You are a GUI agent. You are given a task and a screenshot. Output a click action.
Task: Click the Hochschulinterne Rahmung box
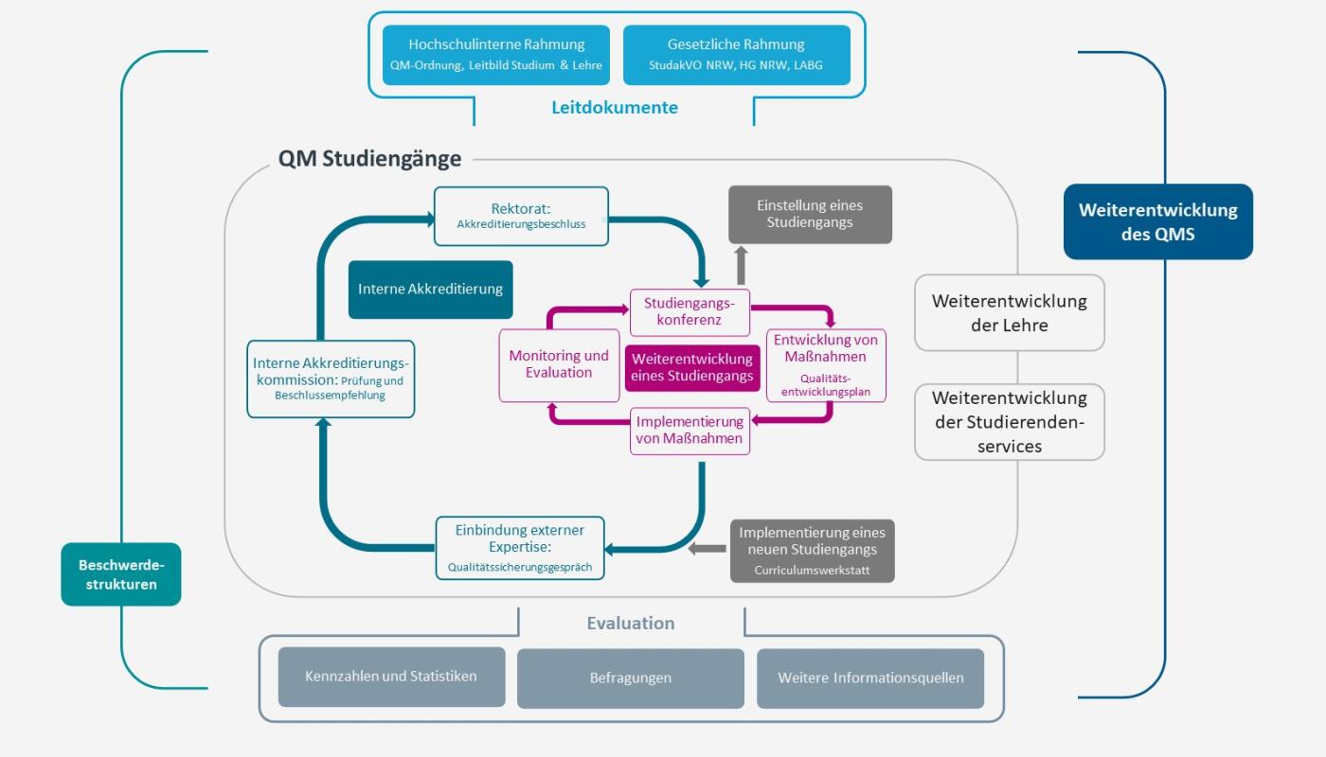tap(496, 55)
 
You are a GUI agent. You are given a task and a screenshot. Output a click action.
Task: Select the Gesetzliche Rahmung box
tap(736, 55)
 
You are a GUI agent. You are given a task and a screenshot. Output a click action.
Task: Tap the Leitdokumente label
tap(615, 108)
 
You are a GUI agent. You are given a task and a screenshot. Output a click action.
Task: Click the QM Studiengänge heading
tap(370, 158)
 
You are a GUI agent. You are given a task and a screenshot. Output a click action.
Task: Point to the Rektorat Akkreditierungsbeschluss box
tap(521, 216)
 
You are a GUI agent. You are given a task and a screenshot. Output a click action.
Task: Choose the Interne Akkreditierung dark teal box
tap(431, 290)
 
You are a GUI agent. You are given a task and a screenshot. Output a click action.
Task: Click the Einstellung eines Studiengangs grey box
tap(810, 215)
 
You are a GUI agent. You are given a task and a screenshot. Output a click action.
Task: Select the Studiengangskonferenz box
tap(690, 312)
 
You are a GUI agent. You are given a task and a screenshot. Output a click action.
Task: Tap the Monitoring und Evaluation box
tap(559, 364)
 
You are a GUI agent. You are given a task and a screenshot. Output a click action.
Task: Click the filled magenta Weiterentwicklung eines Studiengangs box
tap(692, 367)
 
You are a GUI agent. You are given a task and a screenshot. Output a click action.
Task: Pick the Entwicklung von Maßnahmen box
tap(826, 364)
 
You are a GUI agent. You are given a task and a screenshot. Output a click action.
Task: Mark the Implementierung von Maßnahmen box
tap(690, 431)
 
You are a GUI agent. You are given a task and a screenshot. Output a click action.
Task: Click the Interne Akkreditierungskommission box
tap(331, 378)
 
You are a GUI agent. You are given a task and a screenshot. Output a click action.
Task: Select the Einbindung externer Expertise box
tap(520, 548)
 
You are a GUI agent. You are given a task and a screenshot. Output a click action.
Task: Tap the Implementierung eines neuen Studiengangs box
tap(812, 550)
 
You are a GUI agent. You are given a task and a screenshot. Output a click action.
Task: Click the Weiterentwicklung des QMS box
tap(1157, 221)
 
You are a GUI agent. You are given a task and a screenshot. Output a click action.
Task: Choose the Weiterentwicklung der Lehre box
tap(1010, 312)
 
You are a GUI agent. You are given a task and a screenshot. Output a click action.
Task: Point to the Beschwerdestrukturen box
tap(121, 574)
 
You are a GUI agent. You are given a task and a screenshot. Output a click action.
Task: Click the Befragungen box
tap(631, 678)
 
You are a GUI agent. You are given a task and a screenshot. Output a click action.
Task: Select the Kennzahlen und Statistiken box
tap(391, 677)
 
